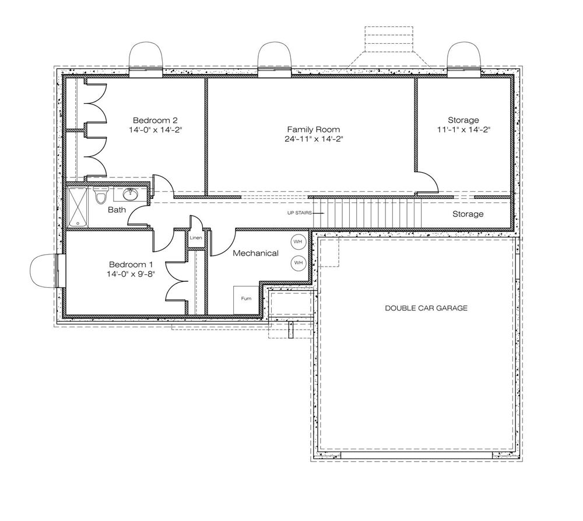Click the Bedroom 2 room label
(x=155, y=120)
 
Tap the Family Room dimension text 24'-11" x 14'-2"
(x=314, y=139)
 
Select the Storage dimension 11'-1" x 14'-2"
(x=463, y=130)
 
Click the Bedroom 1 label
(x=131, y=265)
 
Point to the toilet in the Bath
(x=100, y=195)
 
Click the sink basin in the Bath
(x=130, y=194)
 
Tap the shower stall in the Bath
(x=78, y=207)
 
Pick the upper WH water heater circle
(x=298, y=242)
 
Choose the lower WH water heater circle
(x=298, y=263)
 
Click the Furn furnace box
(x=246, y=300)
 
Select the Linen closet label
(x=195, y=237)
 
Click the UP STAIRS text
(x=299, y=213)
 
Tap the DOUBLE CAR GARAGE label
(x=426, y=308)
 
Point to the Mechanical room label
(x=255, y=253)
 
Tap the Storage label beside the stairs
(x=468, y=214)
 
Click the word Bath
(x=117, y=210)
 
